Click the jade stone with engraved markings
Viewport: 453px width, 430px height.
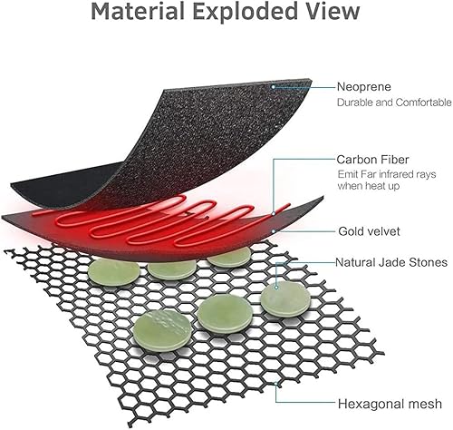tap(156, 324)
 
